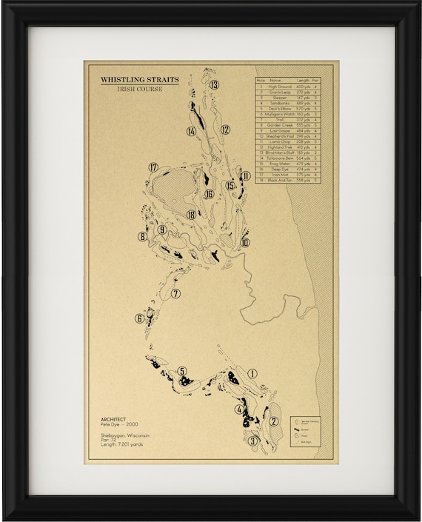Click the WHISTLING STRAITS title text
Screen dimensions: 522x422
point(139,80)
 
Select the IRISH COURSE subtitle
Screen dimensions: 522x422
point(139,89)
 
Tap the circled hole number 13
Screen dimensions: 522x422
point(214,84)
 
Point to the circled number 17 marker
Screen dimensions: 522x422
point(153,167)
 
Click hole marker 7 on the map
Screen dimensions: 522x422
point(175,294)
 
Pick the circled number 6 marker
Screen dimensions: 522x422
point(139,319)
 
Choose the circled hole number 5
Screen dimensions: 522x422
point(182,371)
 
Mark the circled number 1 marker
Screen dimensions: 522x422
point(252,375)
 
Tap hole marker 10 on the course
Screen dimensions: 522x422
point(245,242)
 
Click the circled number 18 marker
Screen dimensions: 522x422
point(192,215)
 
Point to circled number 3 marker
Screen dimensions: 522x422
point(252,441)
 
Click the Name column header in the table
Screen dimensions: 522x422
point(275,80)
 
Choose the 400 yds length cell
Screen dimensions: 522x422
point(303,87)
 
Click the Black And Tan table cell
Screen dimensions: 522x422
point(275,180)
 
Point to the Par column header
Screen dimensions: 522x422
point(316,80)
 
